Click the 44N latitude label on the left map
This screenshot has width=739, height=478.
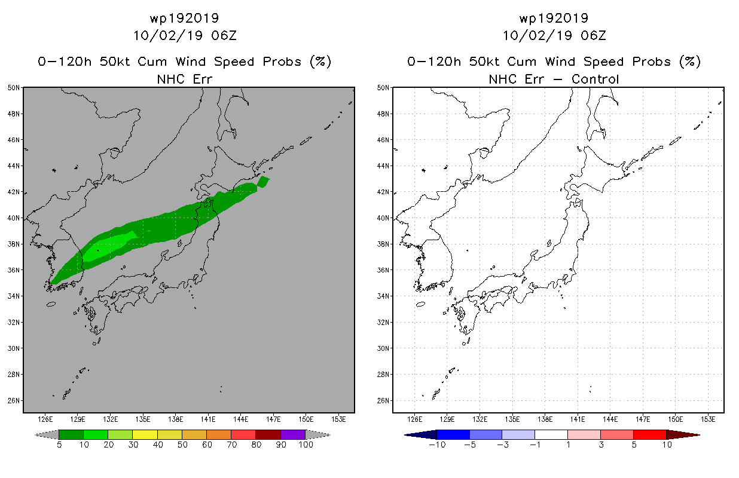click(x=14, y=166)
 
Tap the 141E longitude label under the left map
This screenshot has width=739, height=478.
click(x=208, y=419)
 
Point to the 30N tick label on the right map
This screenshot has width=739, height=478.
click(x=383, y=348)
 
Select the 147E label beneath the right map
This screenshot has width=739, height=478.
click(x=643, y=419)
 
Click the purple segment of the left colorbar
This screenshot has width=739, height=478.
click(x=293, y=434)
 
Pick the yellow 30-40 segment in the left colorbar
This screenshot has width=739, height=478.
click(x=145, y=434)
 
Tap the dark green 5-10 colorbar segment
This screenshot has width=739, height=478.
click(x=71, y=434)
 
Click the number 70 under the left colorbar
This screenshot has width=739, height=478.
click(x=231, y=445)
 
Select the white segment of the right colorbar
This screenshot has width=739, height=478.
click(x=551, y=434)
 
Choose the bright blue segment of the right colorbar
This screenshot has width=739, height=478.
click(x=453, y=434)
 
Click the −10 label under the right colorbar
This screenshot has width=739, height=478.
click(x=437, y=445)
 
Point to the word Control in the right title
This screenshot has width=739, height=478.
click(x=595, y=79)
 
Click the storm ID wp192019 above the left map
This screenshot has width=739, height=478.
click(x=184, y=18)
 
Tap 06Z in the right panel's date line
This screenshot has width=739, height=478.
click(x=593, y=36)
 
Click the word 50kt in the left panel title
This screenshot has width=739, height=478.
click(x=115, y=62)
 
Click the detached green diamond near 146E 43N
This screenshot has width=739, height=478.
click(x=263, y=182)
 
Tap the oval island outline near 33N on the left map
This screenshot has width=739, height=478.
click(x=51, y=304)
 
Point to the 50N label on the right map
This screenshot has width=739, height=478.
click(x=383, y=88)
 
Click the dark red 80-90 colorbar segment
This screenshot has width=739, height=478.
click(x=268, y=434)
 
